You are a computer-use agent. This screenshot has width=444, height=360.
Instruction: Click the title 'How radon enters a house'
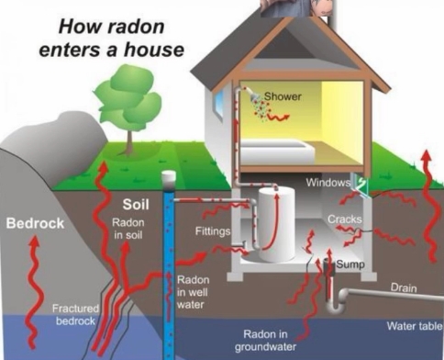(109, 34)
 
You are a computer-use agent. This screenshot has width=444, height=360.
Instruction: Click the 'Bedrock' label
(33, 223)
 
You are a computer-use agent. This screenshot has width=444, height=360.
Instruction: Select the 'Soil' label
(137, 203)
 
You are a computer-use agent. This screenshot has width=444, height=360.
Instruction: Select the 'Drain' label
(403, 288)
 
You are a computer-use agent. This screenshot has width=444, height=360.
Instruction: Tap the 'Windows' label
(327, 183)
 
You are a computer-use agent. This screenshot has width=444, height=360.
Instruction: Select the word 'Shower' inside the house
(283, 96)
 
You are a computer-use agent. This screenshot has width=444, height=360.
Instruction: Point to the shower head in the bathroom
(247, 94)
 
